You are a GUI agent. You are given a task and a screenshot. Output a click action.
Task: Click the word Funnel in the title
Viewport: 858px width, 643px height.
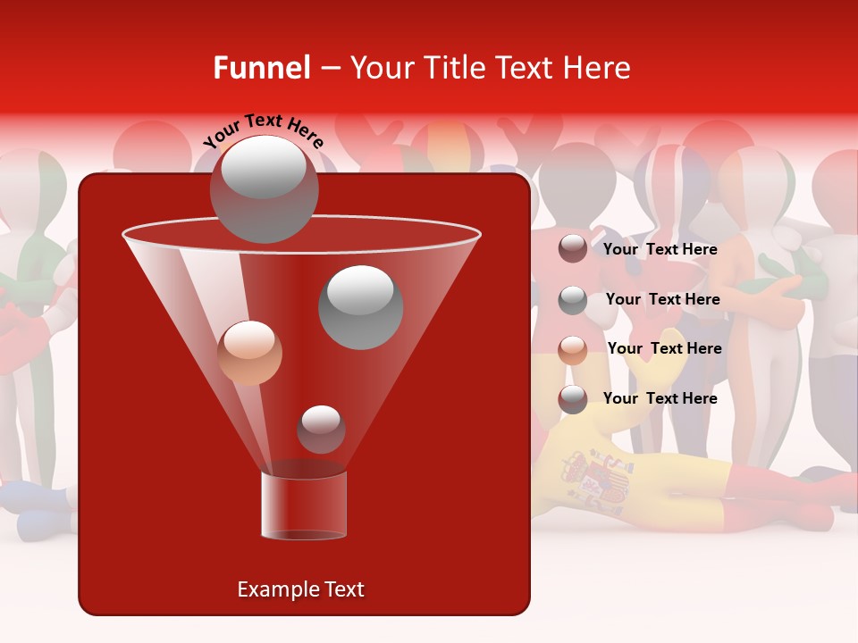tap(261, 68)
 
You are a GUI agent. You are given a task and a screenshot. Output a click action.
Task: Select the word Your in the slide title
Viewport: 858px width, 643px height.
tap(382, 68)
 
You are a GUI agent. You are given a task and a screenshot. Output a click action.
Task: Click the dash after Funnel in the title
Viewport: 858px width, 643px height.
tap(329, 68)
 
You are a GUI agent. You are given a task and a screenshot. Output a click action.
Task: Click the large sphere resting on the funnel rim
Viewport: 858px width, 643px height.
tap(264, 188)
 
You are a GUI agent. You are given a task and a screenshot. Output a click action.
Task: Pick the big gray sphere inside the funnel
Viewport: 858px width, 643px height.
tap(360, 306)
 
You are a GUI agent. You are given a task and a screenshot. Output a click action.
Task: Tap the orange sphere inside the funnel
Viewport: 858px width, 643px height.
tap(249, 353)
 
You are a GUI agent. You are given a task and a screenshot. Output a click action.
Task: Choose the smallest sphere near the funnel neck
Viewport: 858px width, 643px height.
tap(321, 429)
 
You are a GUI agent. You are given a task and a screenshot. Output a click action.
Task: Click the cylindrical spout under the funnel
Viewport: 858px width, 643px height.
tap(304, 505)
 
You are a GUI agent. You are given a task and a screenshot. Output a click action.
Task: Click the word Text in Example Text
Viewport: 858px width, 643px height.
tap(342, 589)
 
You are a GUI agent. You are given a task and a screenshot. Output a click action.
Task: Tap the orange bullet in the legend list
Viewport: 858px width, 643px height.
tap(573, 349)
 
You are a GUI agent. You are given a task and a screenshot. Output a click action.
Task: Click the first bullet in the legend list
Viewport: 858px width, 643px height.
tap(573, 249)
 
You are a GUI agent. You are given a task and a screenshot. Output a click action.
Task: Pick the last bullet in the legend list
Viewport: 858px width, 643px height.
tap(573, 399)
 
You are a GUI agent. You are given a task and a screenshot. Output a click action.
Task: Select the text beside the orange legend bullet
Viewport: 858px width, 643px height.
tap(664, 348)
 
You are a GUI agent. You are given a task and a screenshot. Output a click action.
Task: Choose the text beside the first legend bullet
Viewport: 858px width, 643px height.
tap(660, 249)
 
